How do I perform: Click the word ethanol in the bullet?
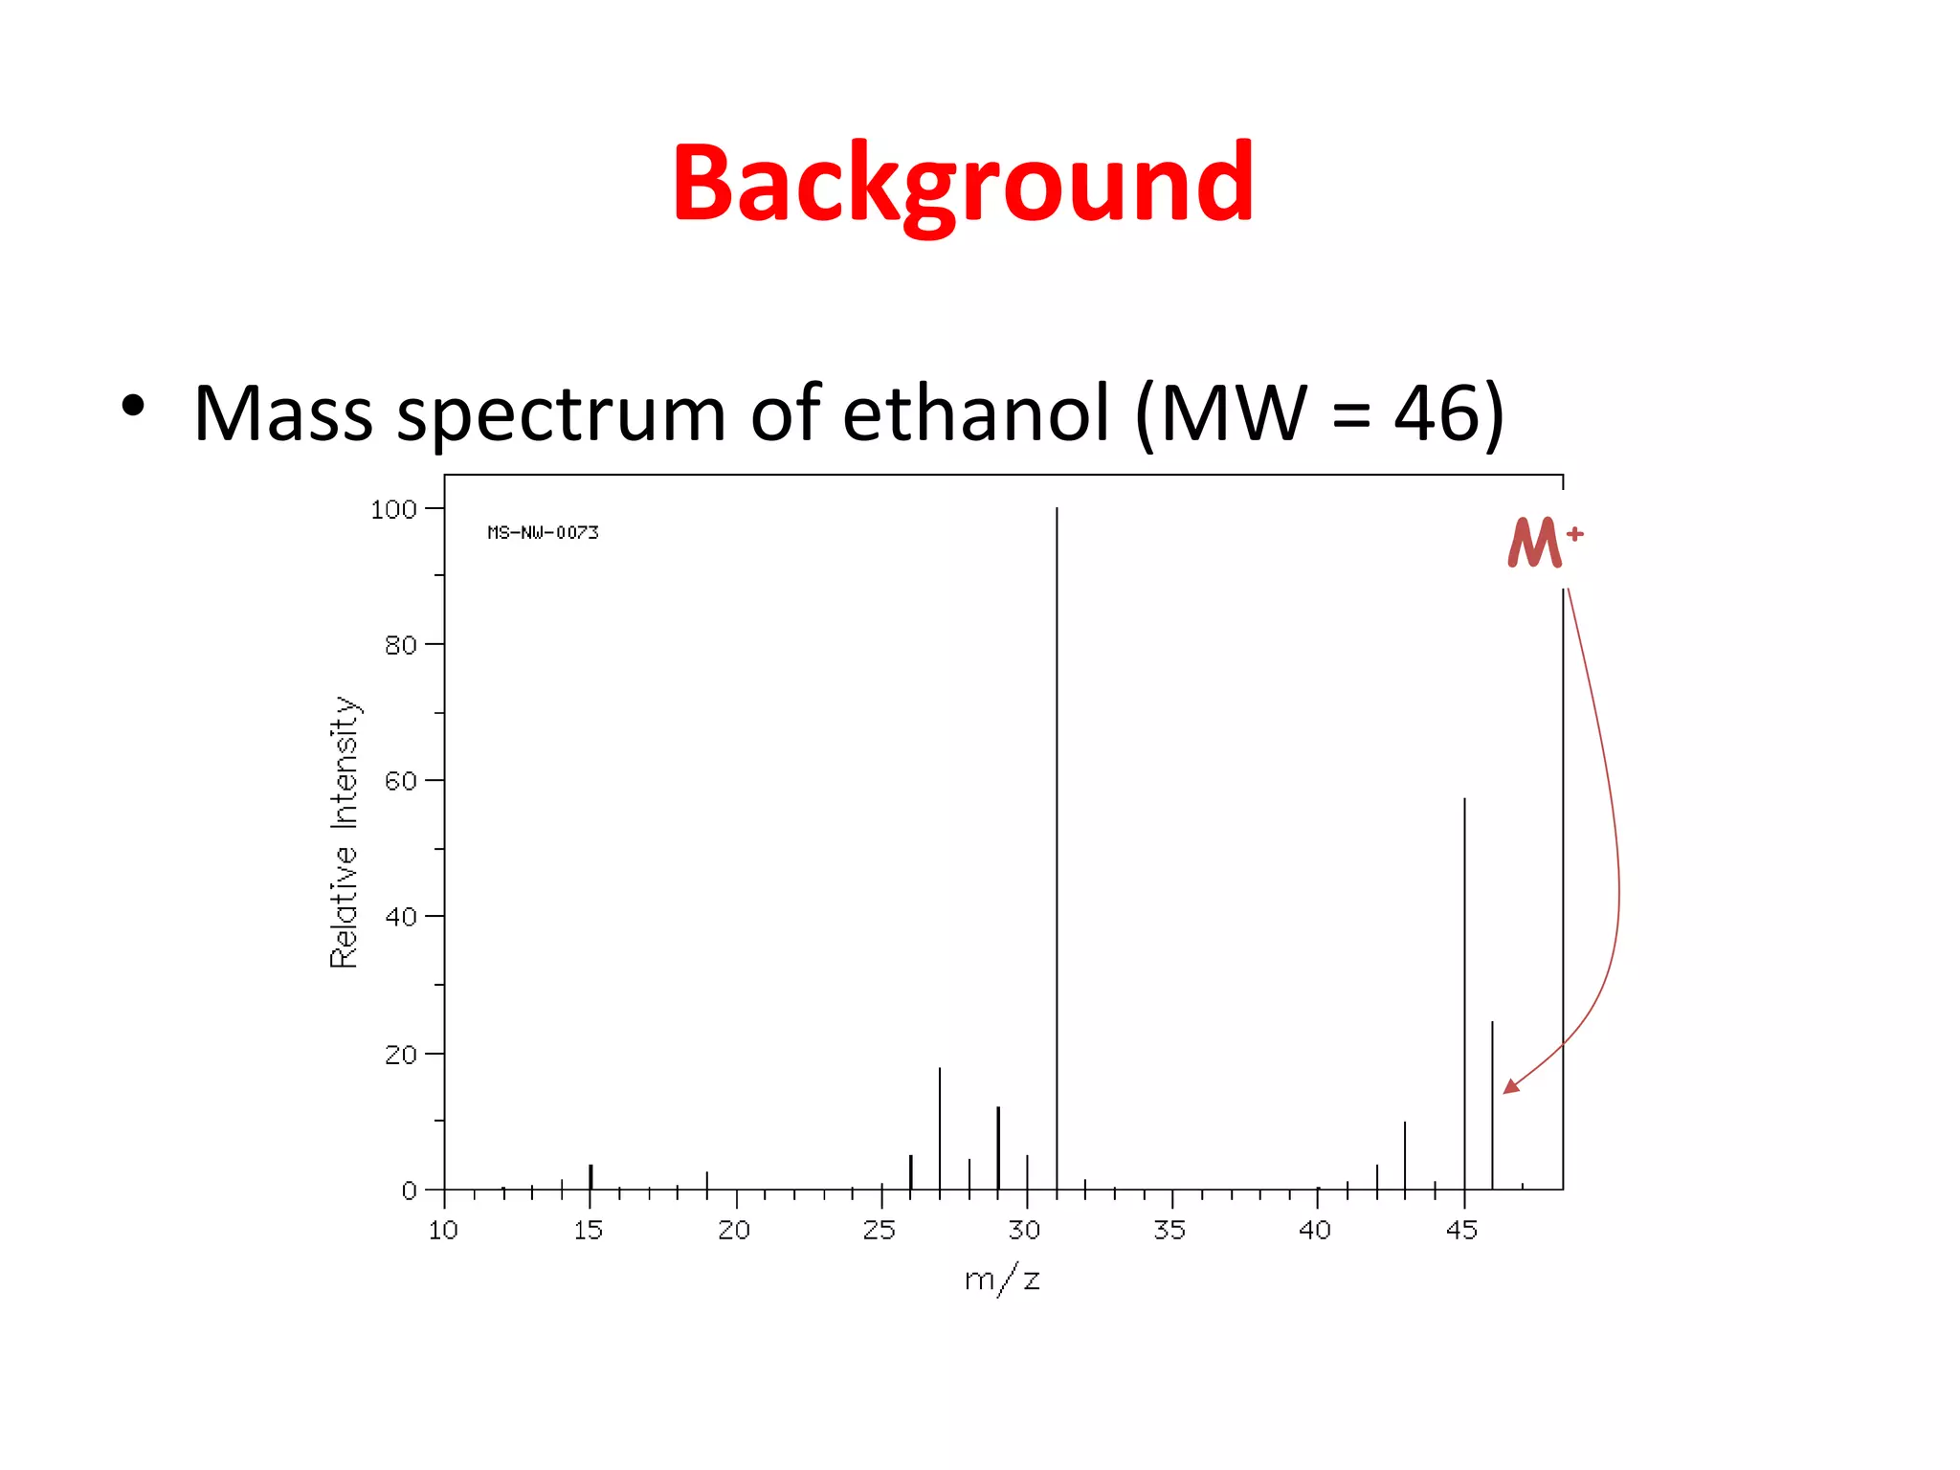click(x=976, y=413)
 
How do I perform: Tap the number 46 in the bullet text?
click(x=1437, y=413)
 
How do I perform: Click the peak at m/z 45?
click(x=1464, y=995)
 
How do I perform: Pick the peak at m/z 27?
click(x=940, y=1129)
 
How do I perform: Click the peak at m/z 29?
click(x=998, y=1148)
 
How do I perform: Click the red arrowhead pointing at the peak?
click(x=1511, y=1085)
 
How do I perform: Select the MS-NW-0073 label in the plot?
click(x=543, y=532)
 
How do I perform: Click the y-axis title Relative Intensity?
click(x=344, y=833)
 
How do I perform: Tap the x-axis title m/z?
click(x=1002, y=1280)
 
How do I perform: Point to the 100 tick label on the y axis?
click(x=393, y=509)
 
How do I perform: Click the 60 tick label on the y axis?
click(x=401, y=781)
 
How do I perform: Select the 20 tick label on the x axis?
click(x=734, y=1231)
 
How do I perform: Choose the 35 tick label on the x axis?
click(x=1169, y=1231)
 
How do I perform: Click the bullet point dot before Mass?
click(x=133, y=406)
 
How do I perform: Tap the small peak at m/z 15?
click(x=590, y=1177)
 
